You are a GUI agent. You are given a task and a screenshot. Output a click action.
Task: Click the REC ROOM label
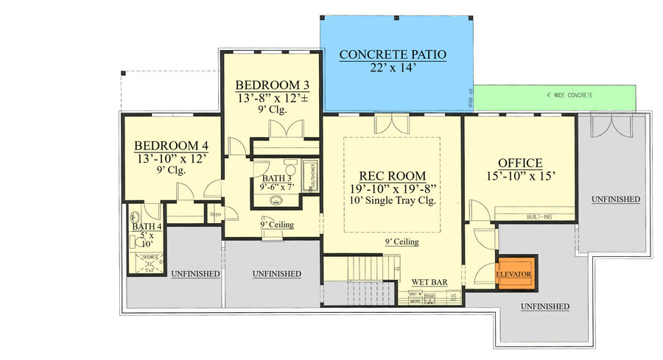(392, 176)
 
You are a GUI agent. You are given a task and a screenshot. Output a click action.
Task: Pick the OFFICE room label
(520, 163)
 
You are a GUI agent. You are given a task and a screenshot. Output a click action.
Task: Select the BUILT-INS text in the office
(539, 216)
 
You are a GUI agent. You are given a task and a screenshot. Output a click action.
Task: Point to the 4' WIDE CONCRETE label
(569, 96)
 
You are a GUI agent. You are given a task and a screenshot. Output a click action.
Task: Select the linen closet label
(216, 215)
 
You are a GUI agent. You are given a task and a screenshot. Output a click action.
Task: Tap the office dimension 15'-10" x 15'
(520, 176)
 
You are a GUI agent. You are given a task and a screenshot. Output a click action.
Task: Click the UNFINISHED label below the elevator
(544, 306)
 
